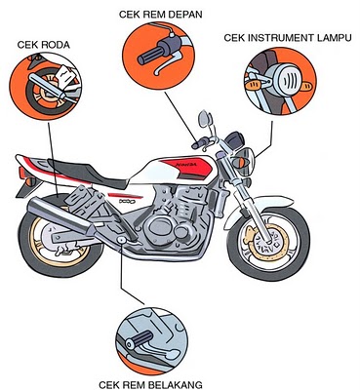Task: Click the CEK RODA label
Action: (x=44, y=45)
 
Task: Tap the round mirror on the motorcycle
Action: (x=205, y=120)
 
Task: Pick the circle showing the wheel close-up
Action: (x=44, y=92)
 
